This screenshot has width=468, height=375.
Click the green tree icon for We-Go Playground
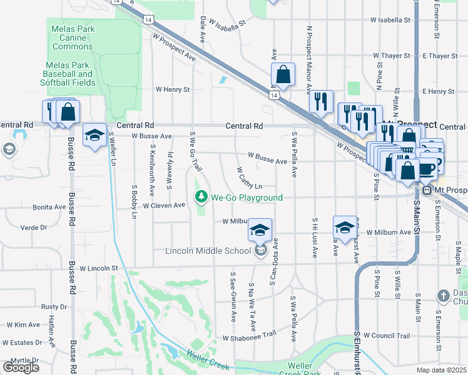coord(201,197)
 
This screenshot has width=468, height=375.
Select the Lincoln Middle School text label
coord(208,251)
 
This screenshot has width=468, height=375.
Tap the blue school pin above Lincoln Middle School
coord(260,231)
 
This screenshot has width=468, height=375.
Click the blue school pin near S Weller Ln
coord(94,136)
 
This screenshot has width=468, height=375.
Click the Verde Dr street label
coord(34,227)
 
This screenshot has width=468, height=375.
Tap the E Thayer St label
coord(440,56)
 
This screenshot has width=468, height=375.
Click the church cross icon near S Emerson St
coord(443,295)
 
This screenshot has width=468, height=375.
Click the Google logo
coord(21,367)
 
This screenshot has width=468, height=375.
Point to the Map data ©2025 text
coord(440,370)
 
